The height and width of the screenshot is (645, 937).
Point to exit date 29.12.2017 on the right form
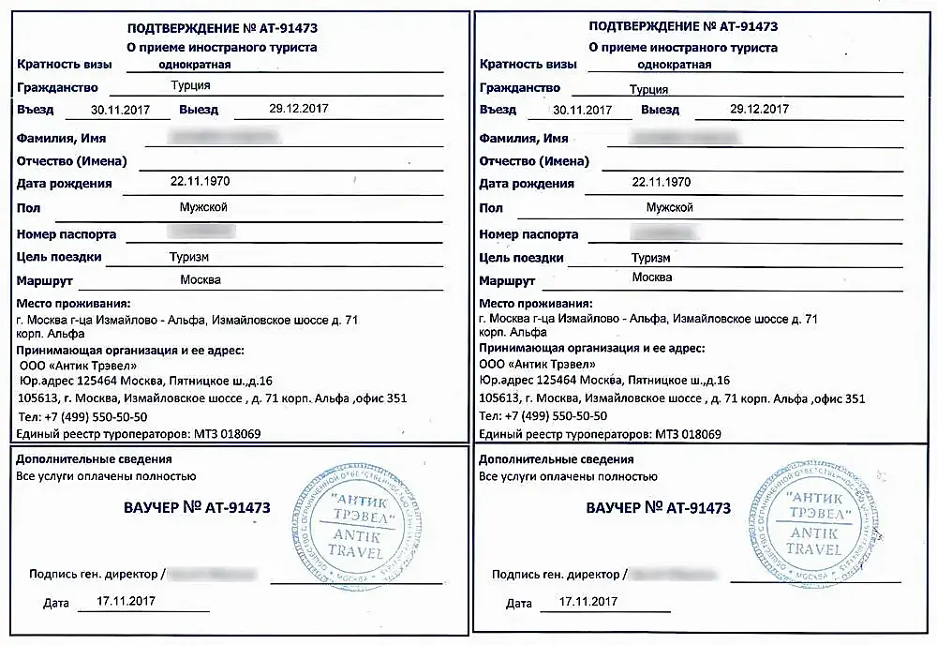759,109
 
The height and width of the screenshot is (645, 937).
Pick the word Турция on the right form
648,90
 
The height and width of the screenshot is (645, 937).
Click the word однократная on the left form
194,65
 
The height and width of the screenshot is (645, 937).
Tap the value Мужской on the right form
669,207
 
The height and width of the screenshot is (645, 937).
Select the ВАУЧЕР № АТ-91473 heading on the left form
197,508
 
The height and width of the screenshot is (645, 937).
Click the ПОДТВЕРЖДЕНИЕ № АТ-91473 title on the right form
683,26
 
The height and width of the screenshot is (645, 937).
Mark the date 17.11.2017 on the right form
587,601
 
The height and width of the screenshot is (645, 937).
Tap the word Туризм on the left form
188,256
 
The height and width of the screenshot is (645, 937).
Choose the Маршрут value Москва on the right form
652,277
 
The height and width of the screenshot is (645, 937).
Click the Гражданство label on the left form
58,87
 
